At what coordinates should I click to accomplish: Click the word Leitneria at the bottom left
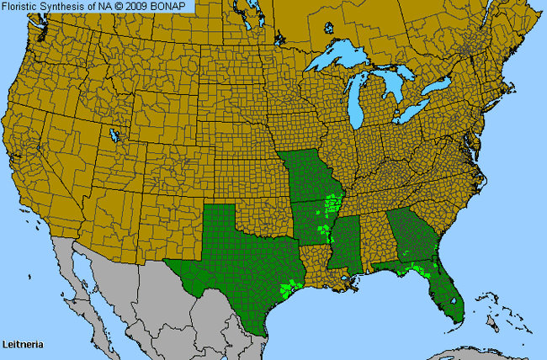(23, 345)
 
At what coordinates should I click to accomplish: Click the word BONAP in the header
(177, 6)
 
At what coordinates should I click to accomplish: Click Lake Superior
(341, 59)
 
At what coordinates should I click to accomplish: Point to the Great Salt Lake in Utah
(114, 135)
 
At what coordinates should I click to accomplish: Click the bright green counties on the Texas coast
(290, 289)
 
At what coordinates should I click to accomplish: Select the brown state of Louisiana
(316, 265)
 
